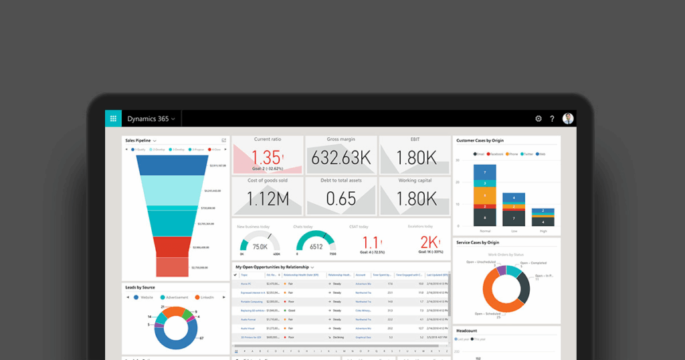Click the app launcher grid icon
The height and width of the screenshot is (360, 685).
(113, 118)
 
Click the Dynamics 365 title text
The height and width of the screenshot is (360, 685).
(148, 118)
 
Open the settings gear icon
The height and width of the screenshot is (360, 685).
(539, 118)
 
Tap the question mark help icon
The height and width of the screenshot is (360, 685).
(553, 118)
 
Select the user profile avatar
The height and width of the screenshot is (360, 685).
(568, 118)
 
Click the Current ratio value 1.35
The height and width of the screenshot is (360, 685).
(266, 157)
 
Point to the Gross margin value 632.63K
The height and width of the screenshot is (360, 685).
(340, 158)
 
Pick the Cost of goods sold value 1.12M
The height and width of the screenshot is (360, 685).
(267, 199)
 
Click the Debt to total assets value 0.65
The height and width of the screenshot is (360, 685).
(340, 199)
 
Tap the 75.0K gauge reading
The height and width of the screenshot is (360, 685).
(260, 246)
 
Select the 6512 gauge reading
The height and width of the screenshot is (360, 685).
(316, 246)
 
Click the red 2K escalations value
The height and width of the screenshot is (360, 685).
(428, 242)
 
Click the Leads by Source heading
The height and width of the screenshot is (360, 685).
(140, 287)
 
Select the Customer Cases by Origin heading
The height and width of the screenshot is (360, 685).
(480, 141)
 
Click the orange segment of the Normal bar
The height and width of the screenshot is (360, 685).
(485, 195)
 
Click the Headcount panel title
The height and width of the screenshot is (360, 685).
(467, 331)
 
